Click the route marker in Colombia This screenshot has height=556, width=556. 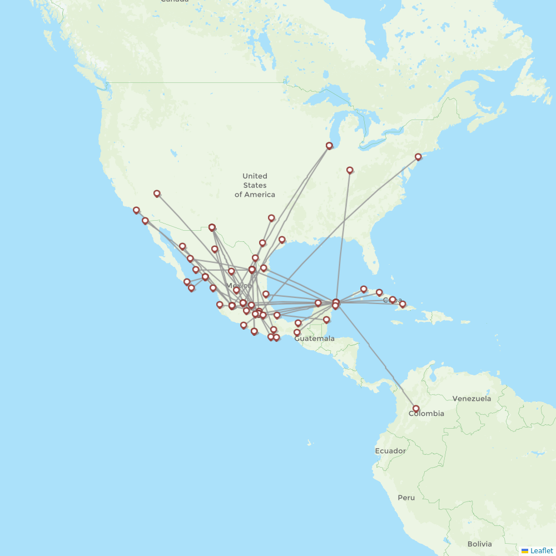point(416,409)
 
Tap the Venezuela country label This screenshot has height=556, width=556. point(471,399)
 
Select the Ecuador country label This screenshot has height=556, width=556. point(390,451)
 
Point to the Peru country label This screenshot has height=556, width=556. point(406,498)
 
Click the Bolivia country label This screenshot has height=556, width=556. point(479,544)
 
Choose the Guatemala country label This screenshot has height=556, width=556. point(314,338)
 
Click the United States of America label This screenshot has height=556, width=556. point(255,185)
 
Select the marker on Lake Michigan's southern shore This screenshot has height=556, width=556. point(329,146)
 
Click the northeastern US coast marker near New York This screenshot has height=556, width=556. point(418,157)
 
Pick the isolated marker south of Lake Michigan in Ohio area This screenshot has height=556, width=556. point(350,170)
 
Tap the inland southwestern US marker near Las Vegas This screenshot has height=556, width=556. point(157,193)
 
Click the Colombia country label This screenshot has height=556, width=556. point(426,414)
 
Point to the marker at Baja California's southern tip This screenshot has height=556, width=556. point(191,287)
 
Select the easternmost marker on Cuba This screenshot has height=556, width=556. point(403,304)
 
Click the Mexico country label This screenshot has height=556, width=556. point(239,286)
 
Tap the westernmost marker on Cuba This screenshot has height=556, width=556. point(364,289)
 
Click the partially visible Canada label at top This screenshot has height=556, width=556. point(174,2)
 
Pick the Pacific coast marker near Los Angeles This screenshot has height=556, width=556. point(136,210)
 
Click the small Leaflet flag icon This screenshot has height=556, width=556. point(524,551)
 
